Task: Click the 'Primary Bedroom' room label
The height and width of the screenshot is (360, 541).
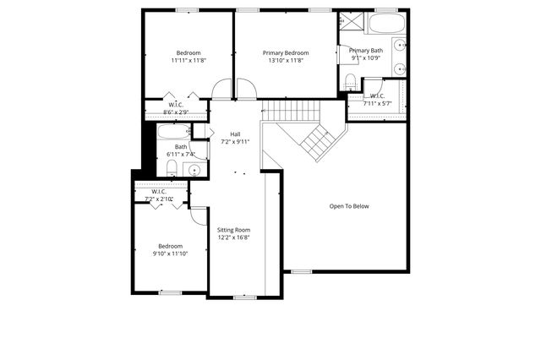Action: click(x=284, y=52)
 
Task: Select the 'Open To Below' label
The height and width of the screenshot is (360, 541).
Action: click(x=349, y=206)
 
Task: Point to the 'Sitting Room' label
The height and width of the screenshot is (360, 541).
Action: click(x=233, y=230)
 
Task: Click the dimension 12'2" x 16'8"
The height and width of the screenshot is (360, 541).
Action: click(x=233, y=238)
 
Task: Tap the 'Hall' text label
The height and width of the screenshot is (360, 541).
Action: click(x=236, y=134)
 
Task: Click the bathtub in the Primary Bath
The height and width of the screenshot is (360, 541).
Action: click(x=387, y=22)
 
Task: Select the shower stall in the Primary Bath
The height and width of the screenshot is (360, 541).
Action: click(x=350, y=23)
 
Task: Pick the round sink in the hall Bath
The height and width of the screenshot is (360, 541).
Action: click(x=194, y=170)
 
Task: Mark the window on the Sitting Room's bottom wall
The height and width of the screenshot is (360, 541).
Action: click(x=244, y=297)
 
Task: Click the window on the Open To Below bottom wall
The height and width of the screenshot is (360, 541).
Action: click(x=301, y=271)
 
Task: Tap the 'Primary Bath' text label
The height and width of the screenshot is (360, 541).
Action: click(x=366, y=51)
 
